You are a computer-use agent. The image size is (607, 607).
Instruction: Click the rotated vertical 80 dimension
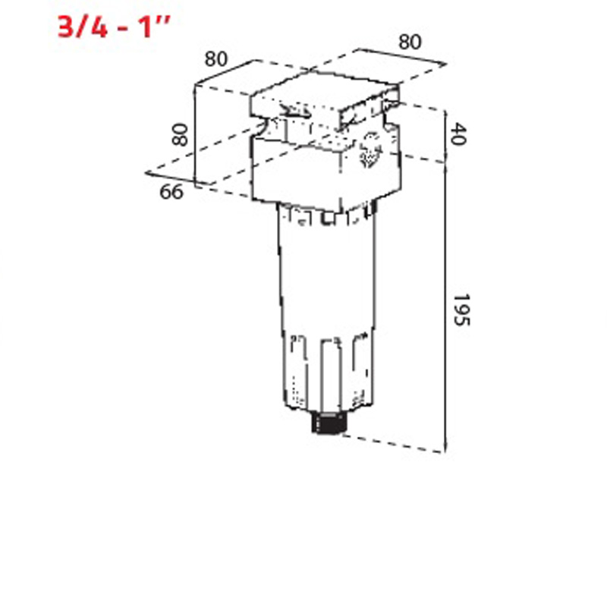pos(180,135)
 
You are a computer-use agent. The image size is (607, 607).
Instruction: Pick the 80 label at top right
pos(410,42)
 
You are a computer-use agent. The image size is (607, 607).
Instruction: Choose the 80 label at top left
pos(217,58)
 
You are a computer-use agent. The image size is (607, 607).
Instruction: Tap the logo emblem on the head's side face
pos(372,149)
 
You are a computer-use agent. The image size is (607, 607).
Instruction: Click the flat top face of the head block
pos(322,91)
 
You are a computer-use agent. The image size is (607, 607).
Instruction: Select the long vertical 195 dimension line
pos(445,303)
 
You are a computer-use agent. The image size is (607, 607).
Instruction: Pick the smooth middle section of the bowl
pos(326,281)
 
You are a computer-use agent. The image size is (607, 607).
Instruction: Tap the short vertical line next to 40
pos(445,135)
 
